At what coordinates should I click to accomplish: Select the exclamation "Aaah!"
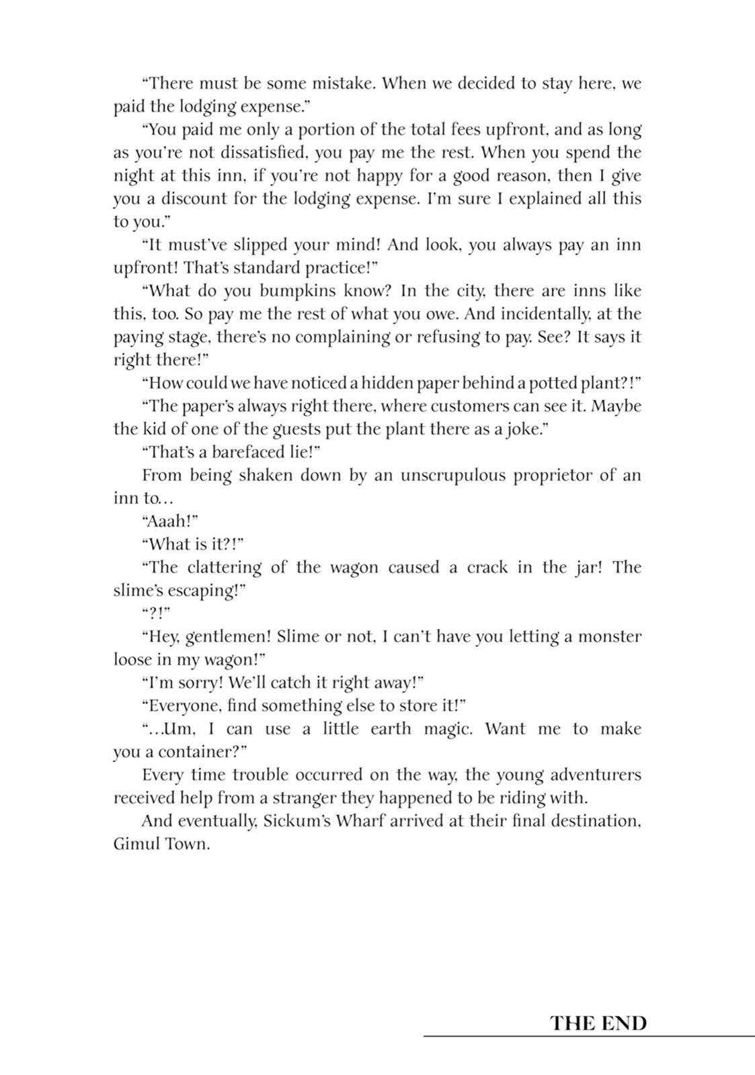(170, 521)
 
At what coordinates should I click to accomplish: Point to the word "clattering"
(224, 568)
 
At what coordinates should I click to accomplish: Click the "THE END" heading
(598, 1023)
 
